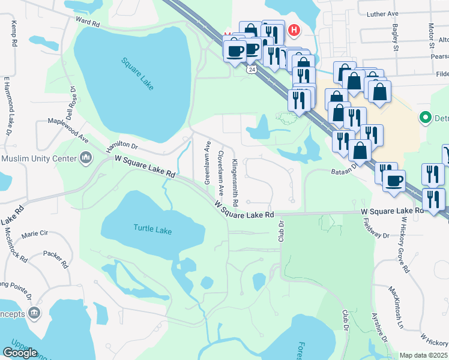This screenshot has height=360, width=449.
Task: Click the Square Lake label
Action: pyautogui.click(x=137, y=73)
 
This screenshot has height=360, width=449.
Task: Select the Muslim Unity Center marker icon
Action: pyautogui.click(x=86, y=158)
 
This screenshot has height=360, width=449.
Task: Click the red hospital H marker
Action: pyautogui.click(x=294, y=29)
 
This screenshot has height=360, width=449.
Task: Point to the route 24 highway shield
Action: pyautogui.click(x=251, y=69)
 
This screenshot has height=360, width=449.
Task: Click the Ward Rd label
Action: pyautogui.click(x=88, y=22)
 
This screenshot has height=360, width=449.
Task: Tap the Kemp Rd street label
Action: pyautogui.click(x=14, y=33)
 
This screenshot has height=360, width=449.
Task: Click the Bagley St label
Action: pyautogui.click(x=396, y=37)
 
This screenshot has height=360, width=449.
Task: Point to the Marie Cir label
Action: pyautogui.click(x=34, y=234)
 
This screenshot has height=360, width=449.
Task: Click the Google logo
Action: pyautogui.click(x=20, y=353)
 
